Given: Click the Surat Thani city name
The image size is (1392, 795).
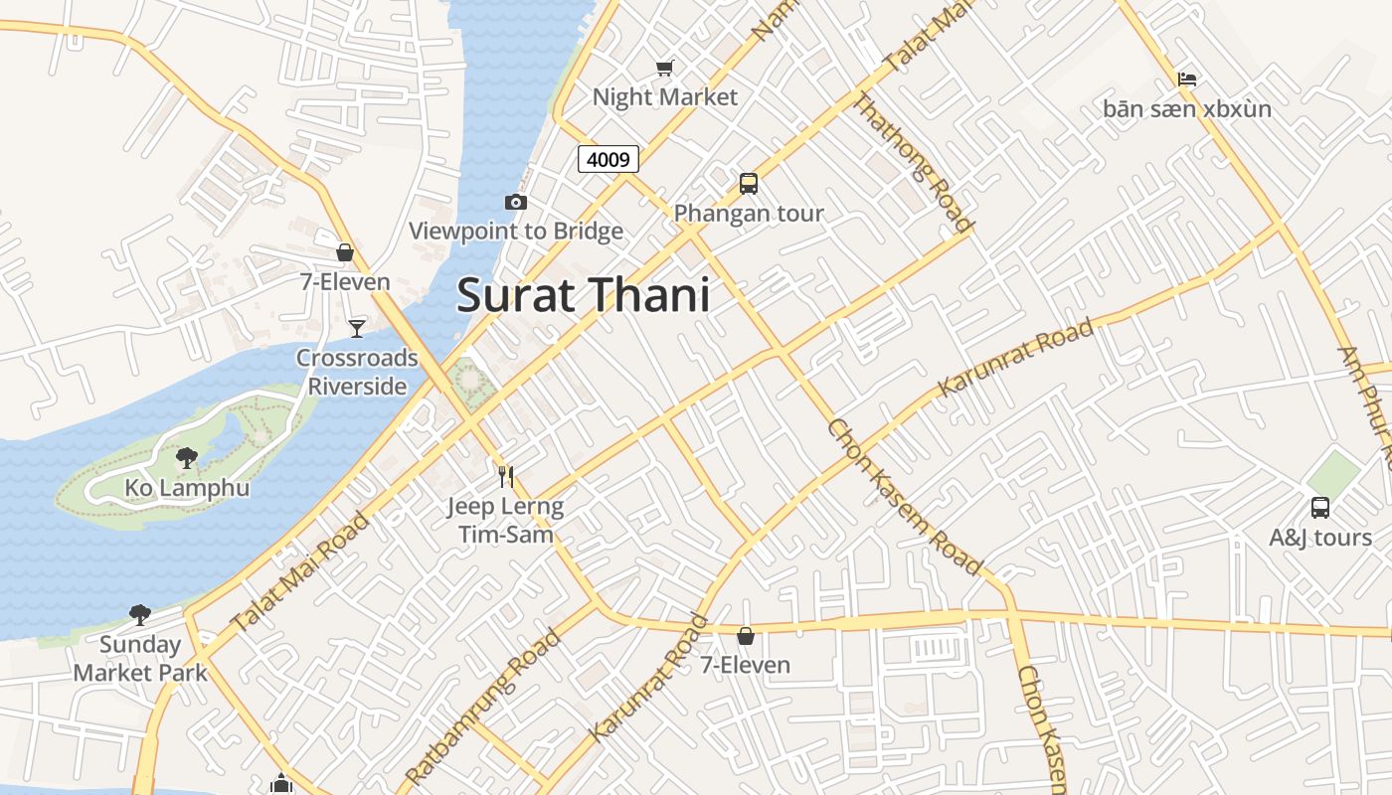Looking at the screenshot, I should point(583,296).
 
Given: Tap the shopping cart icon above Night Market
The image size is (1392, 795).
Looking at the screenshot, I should point(664,68).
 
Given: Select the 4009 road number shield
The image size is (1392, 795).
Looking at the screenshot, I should point(608,159).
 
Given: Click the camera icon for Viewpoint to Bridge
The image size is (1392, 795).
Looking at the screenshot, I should point(515,203).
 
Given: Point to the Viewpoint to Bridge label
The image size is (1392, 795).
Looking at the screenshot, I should point(516,232).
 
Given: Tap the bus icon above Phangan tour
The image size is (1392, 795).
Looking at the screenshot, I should point(749,184).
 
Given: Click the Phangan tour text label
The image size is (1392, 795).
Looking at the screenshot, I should point(749,213).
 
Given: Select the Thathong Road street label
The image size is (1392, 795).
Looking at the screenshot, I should point(911,161).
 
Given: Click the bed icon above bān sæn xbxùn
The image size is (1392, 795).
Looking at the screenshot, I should point(1186,79).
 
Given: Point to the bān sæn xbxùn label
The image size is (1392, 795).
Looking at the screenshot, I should point(1186,108).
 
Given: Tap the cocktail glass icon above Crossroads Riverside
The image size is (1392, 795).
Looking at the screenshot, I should point(357,328).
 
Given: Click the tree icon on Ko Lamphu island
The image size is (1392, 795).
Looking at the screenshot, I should point(186,458).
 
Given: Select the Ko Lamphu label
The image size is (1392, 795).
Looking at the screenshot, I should point(187,488).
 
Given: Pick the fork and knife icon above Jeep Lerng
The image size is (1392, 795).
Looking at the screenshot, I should point(506,477).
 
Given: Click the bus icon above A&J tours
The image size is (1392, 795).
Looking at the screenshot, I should point(1319,508).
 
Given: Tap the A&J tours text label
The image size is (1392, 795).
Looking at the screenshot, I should point(1319,538).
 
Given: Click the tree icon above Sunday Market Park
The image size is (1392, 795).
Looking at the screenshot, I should point(140,615).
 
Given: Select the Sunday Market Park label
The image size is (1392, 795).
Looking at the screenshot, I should point(140,658).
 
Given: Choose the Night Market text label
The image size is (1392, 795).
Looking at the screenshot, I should point(665,96).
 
